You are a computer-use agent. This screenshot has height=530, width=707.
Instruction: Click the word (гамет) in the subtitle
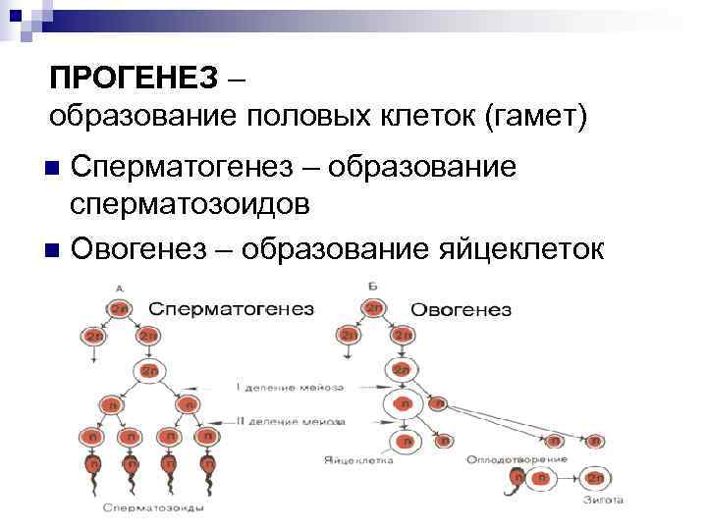coord(535,117)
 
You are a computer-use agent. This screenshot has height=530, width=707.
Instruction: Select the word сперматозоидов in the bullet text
coord(191,204)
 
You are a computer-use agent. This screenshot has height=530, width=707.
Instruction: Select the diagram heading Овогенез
coord(461,309)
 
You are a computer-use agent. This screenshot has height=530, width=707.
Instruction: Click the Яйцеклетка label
coord(356,459)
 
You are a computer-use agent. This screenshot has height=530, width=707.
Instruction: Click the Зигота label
coord(600,500)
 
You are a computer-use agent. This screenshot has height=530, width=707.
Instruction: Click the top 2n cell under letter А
coord(119,307)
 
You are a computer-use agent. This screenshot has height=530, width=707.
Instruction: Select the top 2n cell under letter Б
coord(373,307)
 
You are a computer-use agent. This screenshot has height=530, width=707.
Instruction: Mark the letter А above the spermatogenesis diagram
coord(118,288)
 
